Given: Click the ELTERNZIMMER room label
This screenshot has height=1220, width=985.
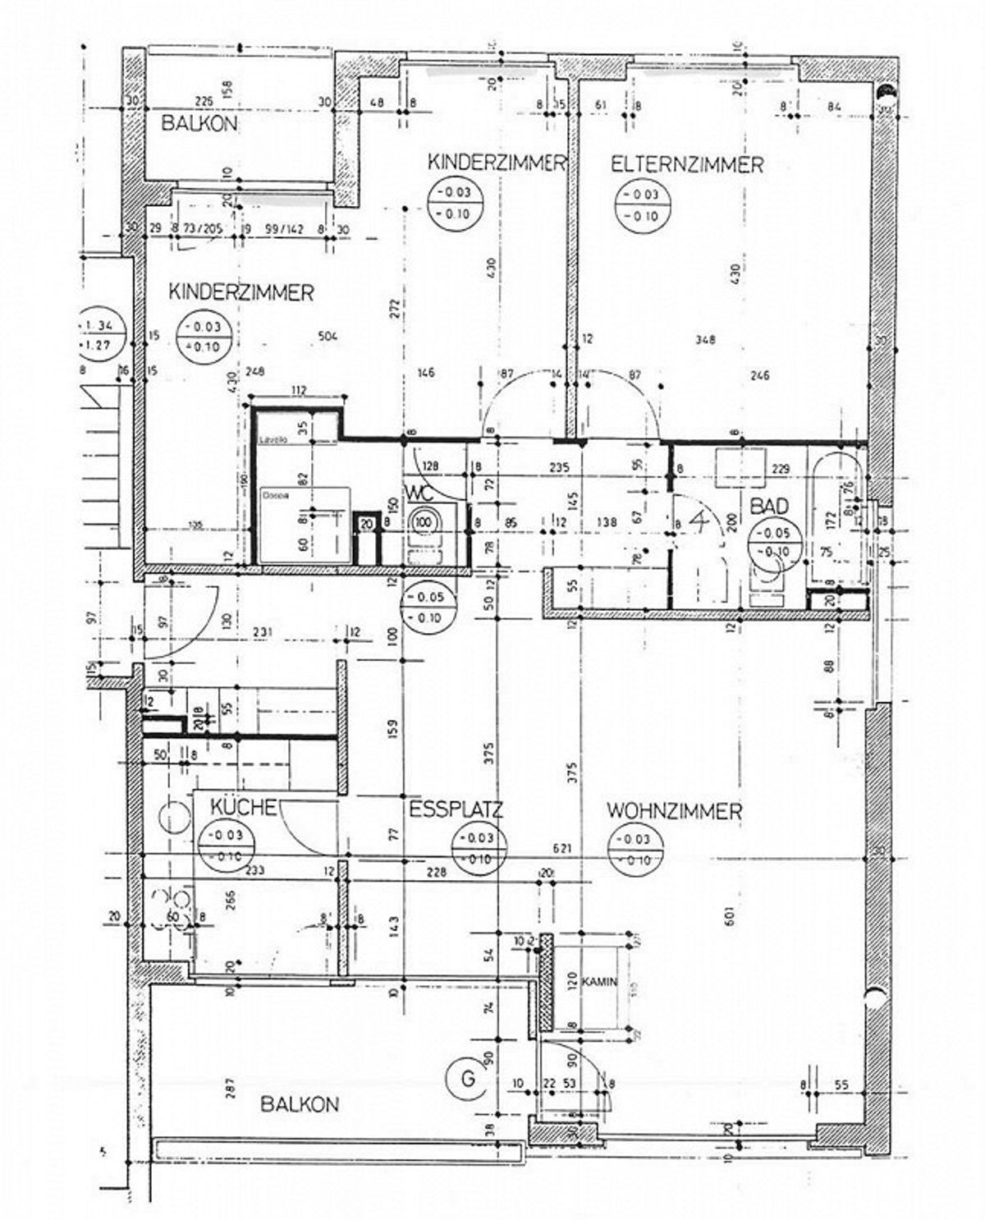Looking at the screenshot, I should point(686,164).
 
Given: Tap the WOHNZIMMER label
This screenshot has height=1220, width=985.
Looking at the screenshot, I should point(674,811).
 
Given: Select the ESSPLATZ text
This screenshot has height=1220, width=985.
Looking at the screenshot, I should point(456,810).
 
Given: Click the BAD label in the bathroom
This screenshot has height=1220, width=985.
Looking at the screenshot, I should point(769,505).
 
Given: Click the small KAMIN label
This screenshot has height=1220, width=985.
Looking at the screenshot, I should point(599,981).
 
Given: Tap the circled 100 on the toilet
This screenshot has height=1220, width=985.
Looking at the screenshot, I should point(424,521).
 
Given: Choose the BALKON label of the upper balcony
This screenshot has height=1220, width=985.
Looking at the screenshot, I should point(199,124).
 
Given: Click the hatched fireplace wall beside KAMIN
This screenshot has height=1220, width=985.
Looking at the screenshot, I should point(544,985).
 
